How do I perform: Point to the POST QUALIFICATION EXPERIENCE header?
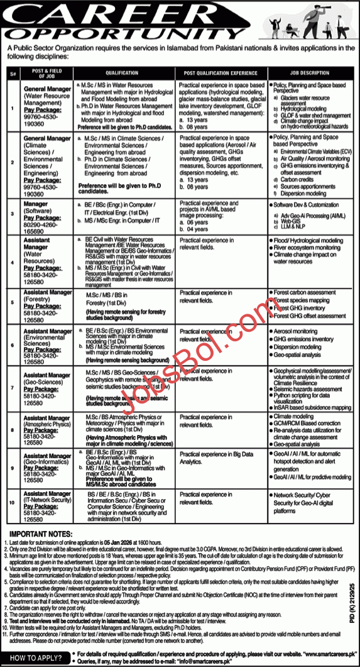coord(218,73)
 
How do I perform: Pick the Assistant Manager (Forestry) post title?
coord(48,295)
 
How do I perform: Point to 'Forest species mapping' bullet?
coord(301,300)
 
